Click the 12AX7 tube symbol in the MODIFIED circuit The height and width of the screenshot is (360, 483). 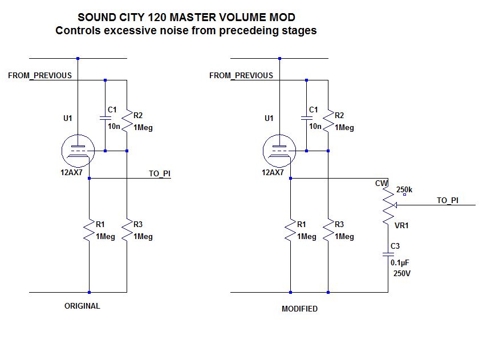point(279,151)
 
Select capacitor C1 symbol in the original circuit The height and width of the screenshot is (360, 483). point(105,118)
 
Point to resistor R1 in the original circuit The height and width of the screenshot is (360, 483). point(90,230)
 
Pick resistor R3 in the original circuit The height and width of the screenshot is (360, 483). point(127,230)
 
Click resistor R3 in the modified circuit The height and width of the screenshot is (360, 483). point(328,230)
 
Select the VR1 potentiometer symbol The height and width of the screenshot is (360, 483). point(388,206)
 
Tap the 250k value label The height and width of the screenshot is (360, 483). point(404,190)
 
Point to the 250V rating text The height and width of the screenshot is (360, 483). point(402,273)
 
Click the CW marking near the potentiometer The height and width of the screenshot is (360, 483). point(381,183)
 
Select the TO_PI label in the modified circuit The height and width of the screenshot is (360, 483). point(448,200)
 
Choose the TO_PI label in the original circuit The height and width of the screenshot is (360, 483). point(159,173)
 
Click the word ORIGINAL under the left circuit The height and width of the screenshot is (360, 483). point(82,306)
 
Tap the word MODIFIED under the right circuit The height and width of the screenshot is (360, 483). point(299,309)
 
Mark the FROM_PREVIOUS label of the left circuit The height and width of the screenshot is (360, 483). point(40,75)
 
